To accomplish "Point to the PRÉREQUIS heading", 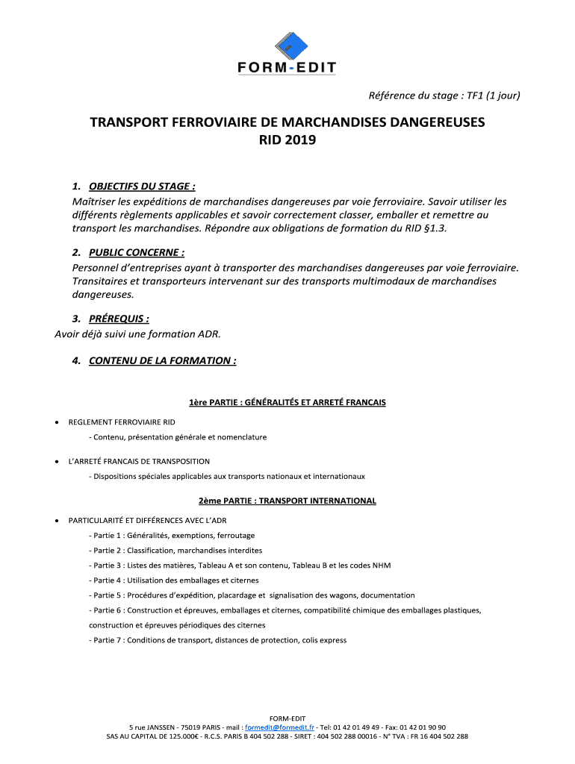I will (114, 319).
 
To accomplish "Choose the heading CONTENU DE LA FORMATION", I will (162, 361).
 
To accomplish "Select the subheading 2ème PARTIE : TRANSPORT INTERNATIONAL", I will (287, 501).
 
